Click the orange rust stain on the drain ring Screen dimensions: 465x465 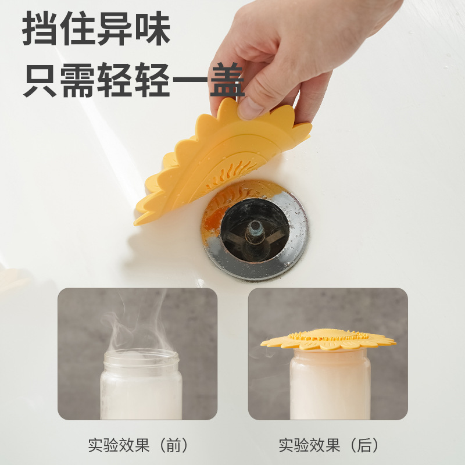[213, 217]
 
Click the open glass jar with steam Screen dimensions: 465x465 [141, 384]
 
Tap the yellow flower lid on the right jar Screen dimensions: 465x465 [328, 339]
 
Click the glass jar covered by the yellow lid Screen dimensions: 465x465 [330, 384]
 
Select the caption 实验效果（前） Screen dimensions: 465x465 [138, 446]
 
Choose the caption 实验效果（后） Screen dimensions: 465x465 [328, 446]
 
